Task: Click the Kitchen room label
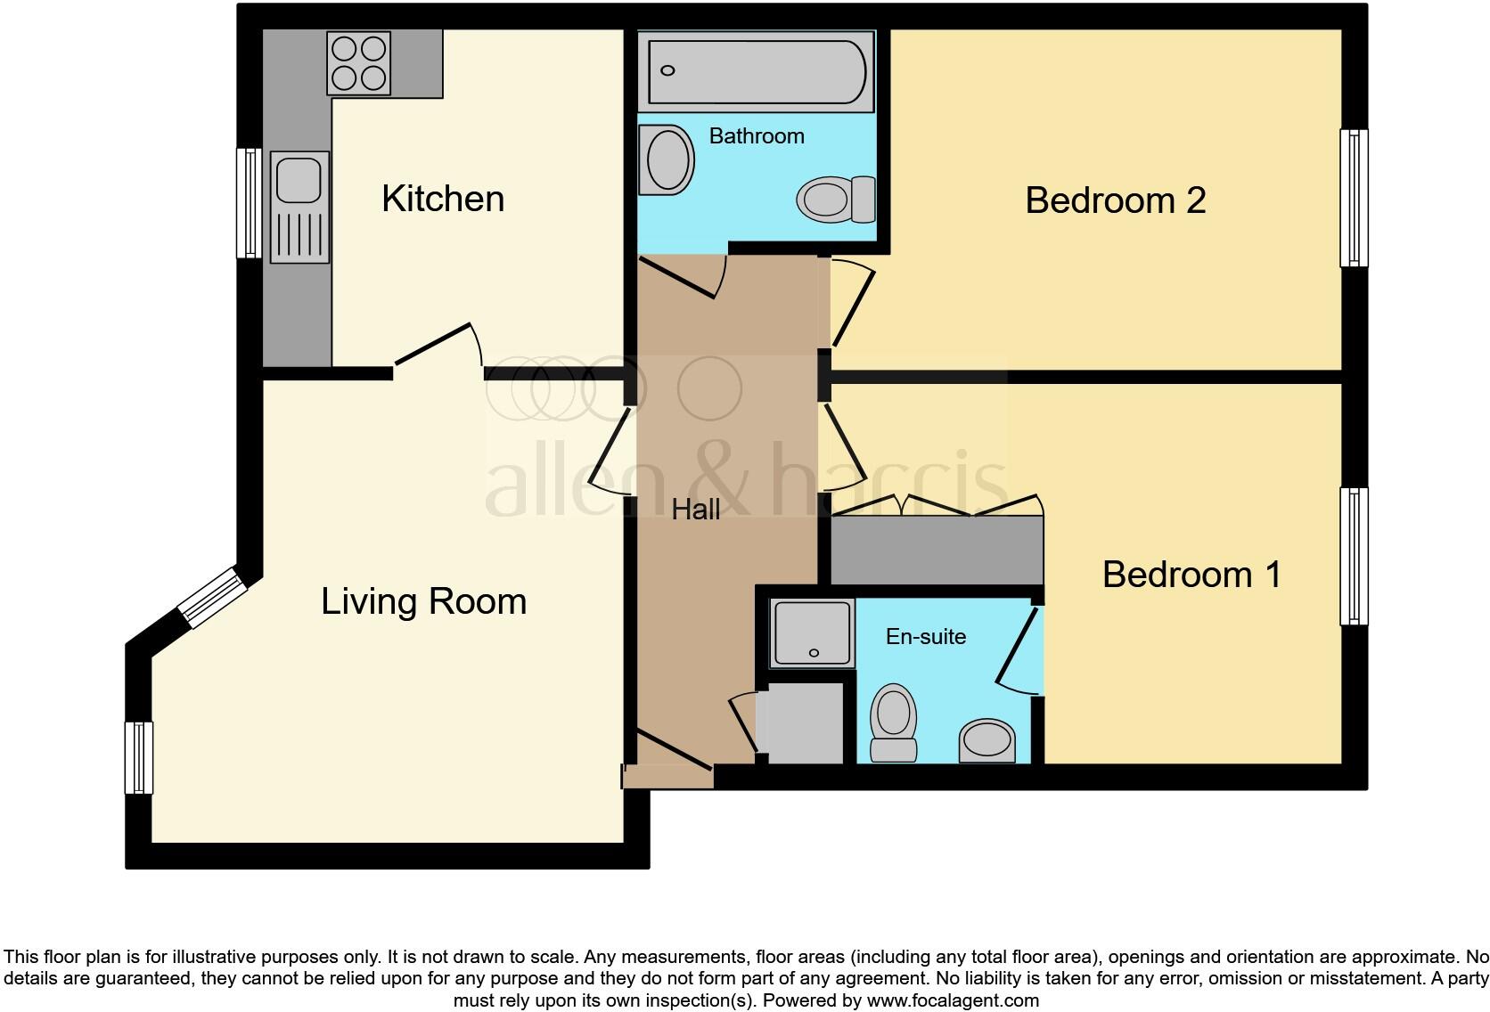coord(443,199)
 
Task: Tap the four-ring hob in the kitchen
coord(359,62)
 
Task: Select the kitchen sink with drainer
coord(299,207)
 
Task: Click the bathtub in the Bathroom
coord(756,70)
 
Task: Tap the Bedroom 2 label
coord(1115,200)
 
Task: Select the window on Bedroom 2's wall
coord(1354,198)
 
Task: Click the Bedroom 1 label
coord(1191,575)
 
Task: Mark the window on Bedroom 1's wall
coord(1354,556)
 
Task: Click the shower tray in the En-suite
coord(812,633)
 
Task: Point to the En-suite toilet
coord(894,722)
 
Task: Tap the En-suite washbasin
coord(987,740)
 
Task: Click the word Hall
coord(695,510)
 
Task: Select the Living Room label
coord(423,601)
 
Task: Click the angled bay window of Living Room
coord(211,598)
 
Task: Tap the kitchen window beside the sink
coord(249,203)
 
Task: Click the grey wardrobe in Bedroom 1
coord(936,550)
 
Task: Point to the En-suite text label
coord(925,636)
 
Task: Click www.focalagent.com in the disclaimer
coord(953,1000)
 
